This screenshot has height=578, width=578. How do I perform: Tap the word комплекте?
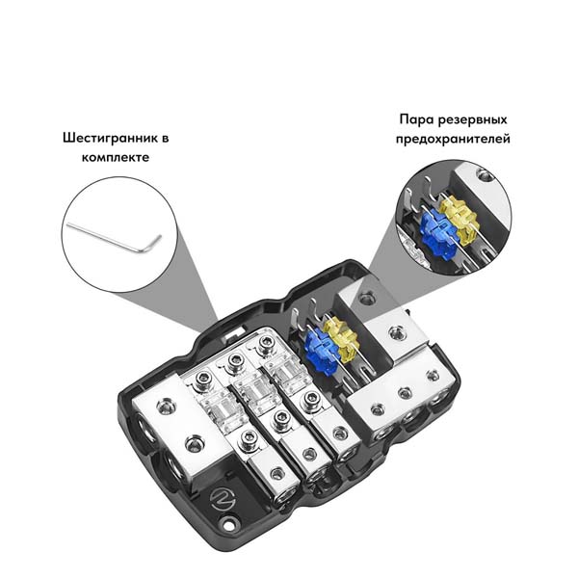pyautogui.click(x=116, y=158)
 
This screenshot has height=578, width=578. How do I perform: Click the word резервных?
pyautogui.click(x=473, y=120)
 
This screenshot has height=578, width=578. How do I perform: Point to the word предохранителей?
pyautogui.click(x=453, y=139)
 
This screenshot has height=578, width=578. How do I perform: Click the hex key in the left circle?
pyautogui.click(x=114, y=237)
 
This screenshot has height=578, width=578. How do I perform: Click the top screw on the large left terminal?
pyautogui.click(x=164, y=407)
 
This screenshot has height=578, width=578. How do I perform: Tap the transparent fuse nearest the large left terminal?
pyautogui.click(x=217, y=410)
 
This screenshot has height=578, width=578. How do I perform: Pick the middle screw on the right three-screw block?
pyautogui.click(x=405, y=393)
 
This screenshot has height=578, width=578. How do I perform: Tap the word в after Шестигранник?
pyautogui.click(x=165, y=139)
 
